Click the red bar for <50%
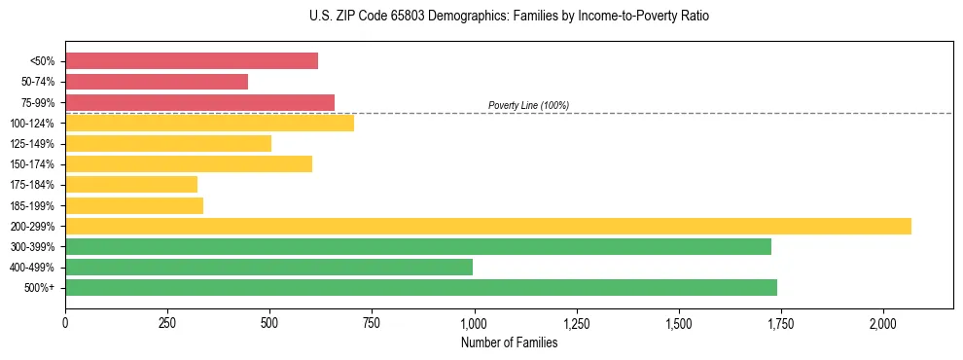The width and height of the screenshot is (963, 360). [x=192, y=61]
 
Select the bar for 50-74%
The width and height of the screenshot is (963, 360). [x=157, y=82]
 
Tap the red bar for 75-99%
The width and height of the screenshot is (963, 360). [x=199, y=102]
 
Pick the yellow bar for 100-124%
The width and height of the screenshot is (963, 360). [x=209, y=123]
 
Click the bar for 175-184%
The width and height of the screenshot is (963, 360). [x=131, y=185]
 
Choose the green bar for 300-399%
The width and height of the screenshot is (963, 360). [x=418, y=247]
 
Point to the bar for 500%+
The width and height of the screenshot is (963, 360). [x=421, y=288]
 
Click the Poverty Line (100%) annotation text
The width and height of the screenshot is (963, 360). [x=528, y=105]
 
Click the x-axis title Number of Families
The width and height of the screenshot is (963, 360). [x=509, y=342]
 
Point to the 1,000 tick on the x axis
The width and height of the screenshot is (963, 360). [x=475, y=322]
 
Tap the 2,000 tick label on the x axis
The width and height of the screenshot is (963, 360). [x=883, y=322]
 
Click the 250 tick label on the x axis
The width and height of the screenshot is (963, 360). [x=167, y=322]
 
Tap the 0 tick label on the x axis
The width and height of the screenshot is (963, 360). [x=65, y=322]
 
